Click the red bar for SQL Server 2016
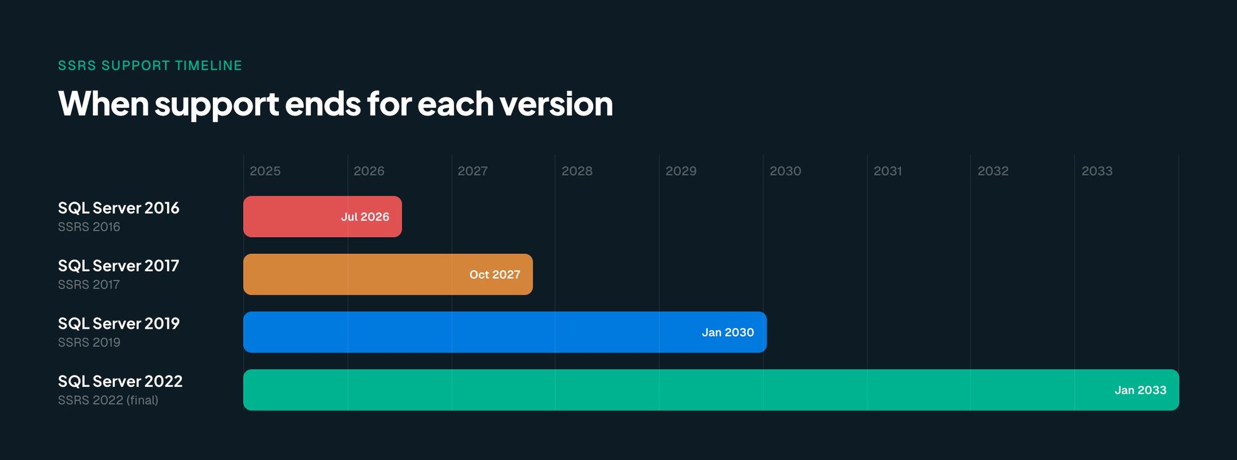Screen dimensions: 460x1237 click(x=291, y=217)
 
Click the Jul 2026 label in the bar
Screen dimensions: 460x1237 click(x=365, y=217)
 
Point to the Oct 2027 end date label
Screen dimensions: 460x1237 click(x=495, y=274)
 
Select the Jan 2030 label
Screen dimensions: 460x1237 click(x=727, y=332)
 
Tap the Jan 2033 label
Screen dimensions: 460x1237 click(x=1140, y=390)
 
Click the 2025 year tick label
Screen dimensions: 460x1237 click(x=265, y=171)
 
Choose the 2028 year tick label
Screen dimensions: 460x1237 click(x=576, y=171)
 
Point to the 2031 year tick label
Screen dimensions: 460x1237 click(x=888, y=171)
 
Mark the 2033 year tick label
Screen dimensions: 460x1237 click(x=1097, y=171)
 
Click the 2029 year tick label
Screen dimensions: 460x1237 click(x=680, y=171)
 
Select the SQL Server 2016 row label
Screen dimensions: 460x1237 click(x=119, y=208)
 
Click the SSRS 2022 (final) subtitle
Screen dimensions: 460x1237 click(x=108, y=401)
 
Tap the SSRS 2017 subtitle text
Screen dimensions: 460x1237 click(x=88, y=285)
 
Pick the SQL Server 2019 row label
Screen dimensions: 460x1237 click(x=119, y=324)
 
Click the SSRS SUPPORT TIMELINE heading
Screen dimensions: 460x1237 click(x=150, y=66)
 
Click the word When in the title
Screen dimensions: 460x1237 click(x=103, y=103)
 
